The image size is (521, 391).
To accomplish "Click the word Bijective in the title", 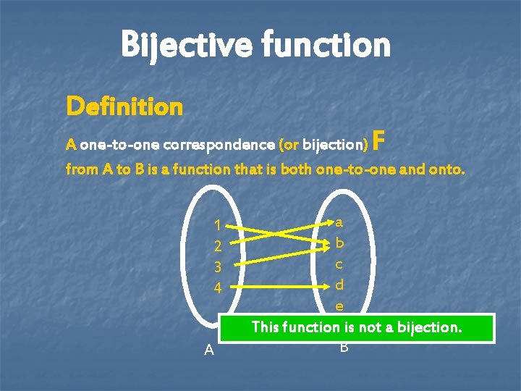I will click(184, 45).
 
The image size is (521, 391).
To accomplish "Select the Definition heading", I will click(124, 107).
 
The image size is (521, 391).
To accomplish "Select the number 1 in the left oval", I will click(217, 226).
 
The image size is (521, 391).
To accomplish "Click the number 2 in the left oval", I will click(217, 247).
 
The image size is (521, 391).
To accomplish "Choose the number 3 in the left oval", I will click(217, 267).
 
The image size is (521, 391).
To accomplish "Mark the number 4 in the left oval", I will click(217, 287).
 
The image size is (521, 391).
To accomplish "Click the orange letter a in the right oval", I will click(339, 222).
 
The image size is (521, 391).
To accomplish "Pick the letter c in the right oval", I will click(339, 264).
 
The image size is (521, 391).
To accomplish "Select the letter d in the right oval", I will click(339, 285).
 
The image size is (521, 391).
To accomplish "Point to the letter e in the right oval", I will click(339, 306).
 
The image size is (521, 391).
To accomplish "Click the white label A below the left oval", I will click(209, 350).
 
